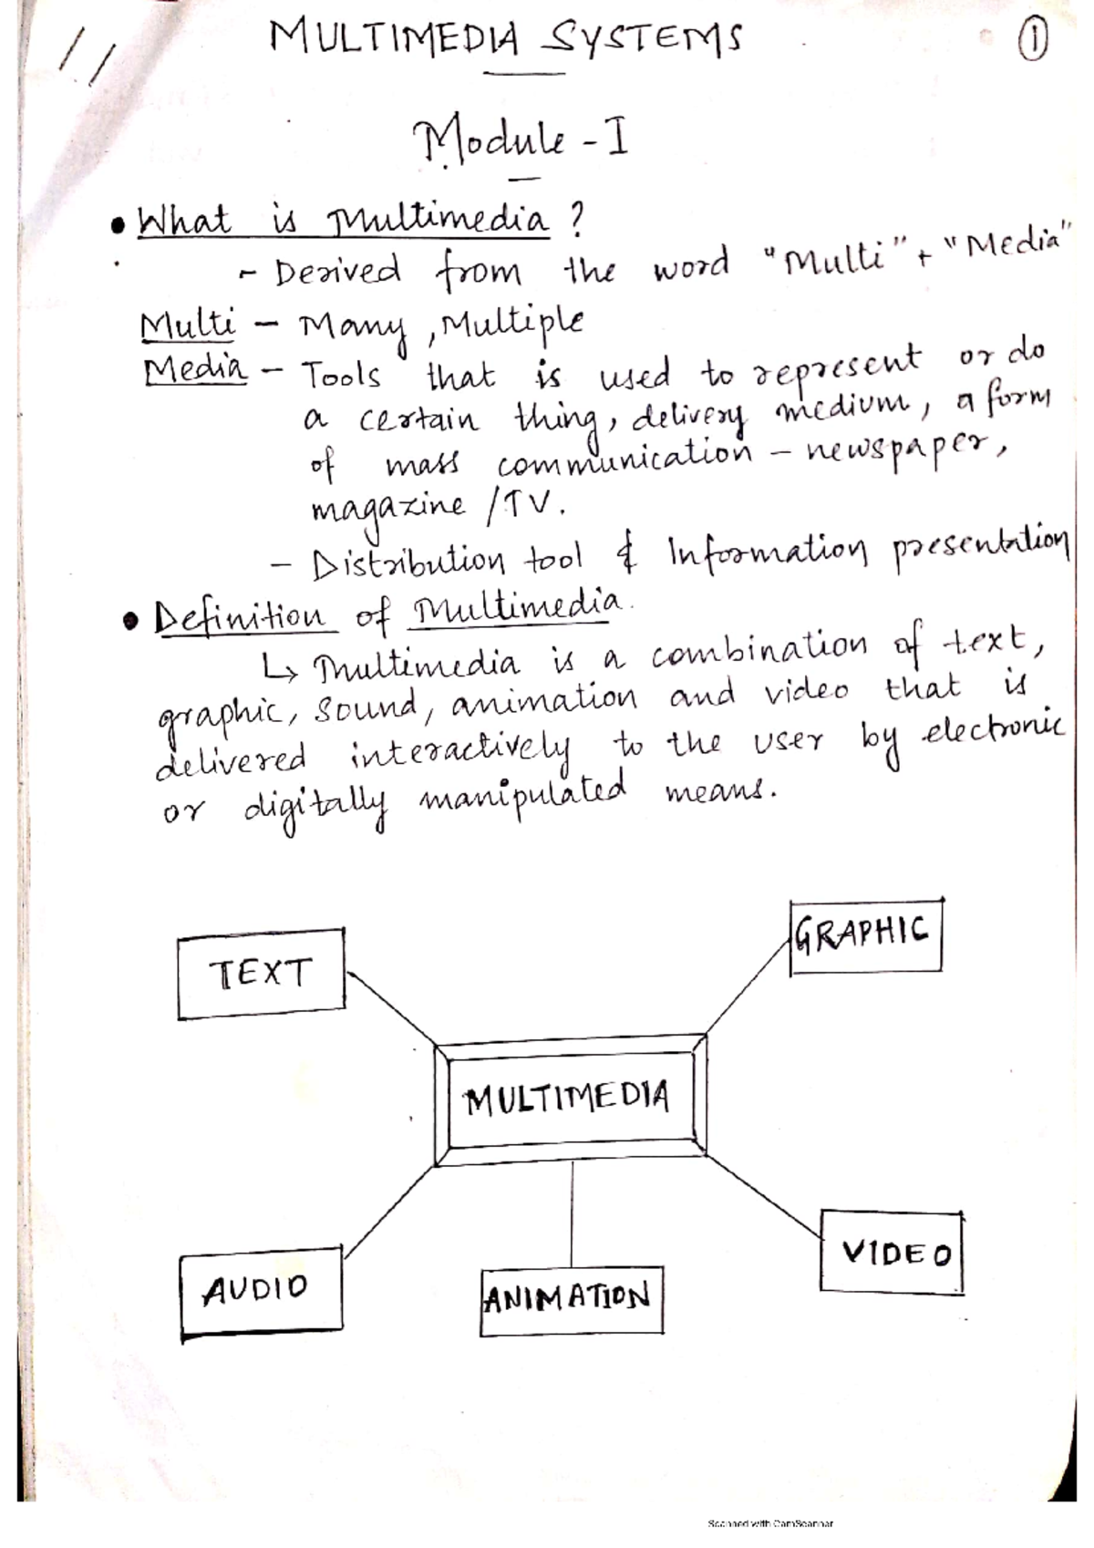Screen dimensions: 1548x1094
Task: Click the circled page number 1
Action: (1032, 42)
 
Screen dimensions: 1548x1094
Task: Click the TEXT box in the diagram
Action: (261, 973)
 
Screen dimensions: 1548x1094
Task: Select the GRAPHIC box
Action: (864, 935)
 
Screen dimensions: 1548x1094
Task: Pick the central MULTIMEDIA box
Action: (569, 1099)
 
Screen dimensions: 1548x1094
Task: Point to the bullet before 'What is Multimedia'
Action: (117, 225)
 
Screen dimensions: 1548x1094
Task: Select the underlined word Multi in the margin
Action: (188, 325)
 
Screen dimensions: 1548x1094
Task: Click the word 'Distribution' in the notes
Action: (408, 561)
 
